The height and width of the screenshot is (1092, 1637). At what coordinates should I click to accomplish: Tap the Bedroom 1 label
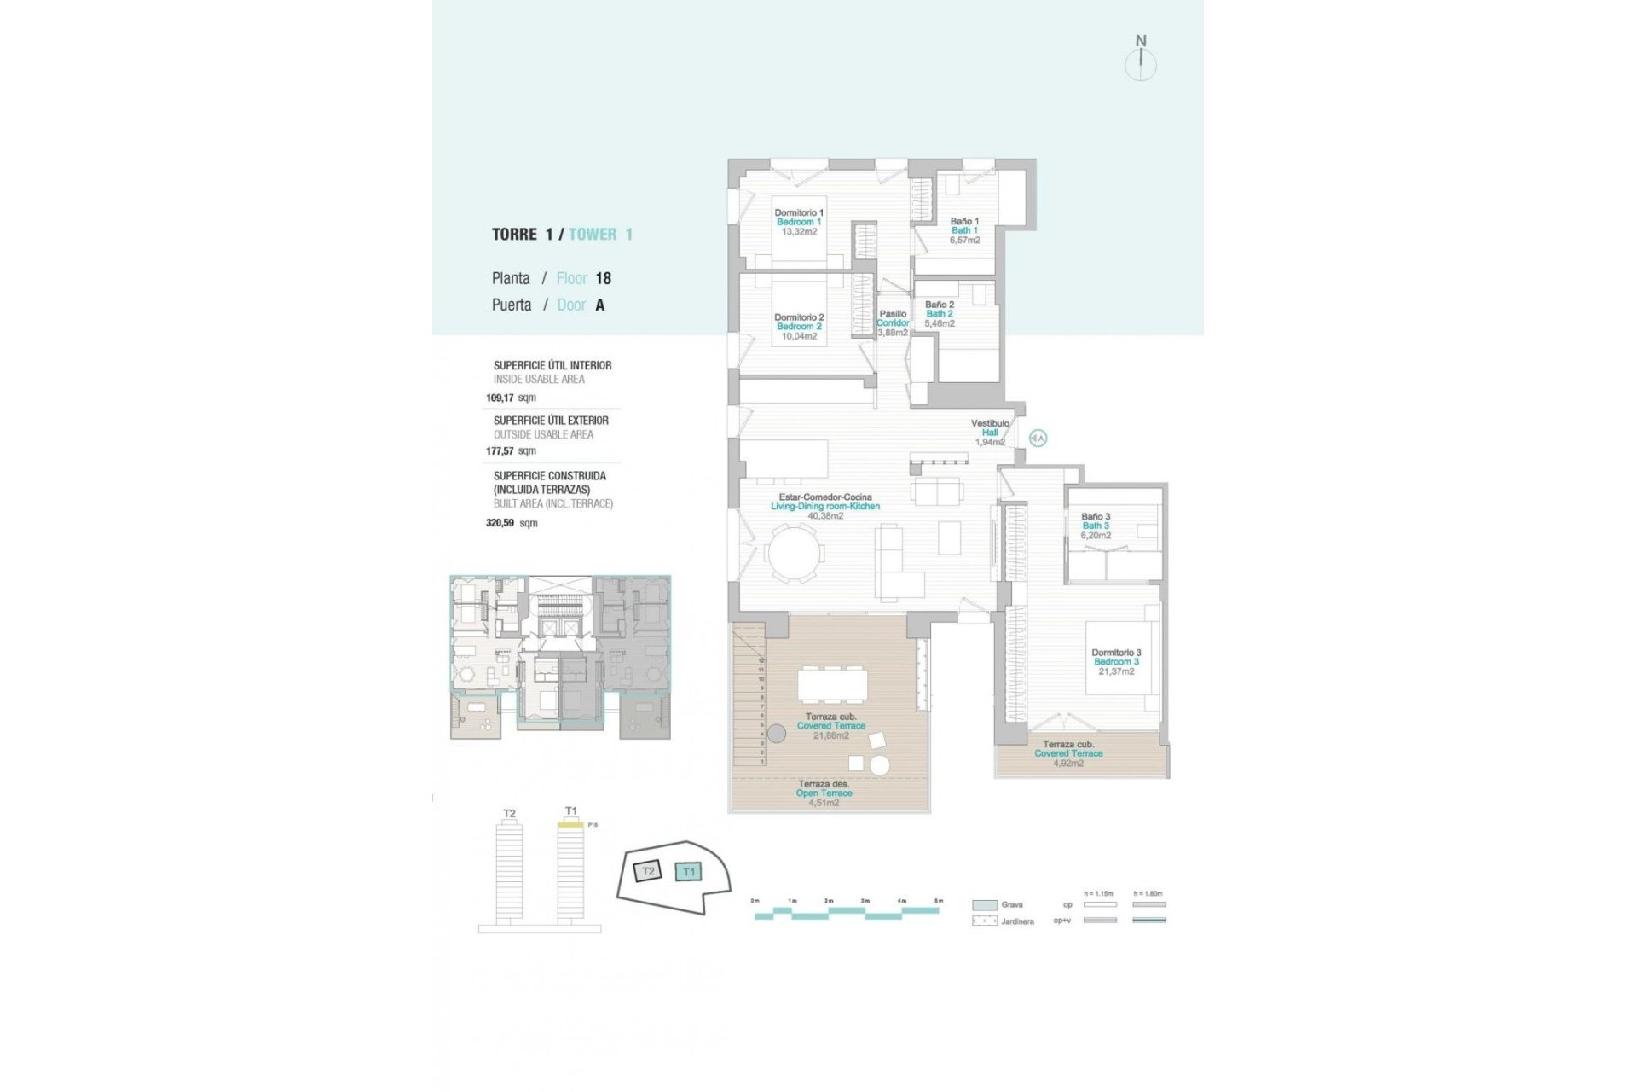coord(798,223)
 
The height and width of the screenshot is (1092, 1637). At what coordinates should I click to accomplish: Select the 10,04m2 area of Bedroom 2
coord(799,337)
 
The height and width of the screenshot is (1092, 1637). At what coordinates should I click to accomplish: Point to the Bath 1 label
coord(964,231)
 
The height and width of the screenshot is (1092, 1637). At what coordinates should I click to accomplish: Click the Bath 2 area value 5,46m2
coord(940,324)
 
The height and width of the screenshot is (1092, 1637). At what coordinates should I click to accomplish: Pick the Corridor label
coord(893,323)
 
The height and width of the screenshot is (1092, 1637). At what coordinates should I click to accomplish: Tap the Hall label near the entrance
coord(990,433)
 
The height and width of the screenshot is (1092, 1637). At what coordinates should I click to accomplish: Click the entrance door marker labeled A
coord(1038,439)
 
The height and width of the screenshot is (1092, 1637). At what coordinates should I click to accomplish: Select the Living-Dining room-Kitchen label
coord(824,507)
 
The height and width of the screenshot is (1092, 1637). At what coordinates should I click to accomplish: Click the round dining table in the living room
coord(794,554)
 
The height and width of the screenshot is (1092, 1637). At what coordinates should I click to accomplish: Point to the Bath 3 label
coord(1096,526)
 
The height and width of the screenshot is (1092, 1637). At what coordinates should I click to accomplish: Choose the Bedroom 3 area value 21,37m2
coord(1116,672)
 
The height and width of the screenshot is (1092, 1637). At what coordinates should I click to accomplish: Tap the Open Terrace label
coord(824,793)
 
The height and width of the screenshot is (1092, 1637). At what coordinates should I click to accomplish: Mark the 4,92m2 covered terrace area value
coord(1068,764)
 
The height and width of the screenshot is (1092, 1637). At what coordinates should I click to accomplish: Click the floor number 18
coord(603,278)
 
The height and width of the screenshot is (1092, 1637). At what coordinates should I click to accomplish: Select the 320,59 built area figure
coord(500,523)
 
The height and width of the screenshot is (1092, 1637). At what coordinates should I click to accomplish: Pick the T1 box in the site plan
coord(688,872)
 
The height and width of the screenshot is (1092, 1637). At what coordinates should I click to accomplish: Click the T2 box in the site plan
coord(648,871)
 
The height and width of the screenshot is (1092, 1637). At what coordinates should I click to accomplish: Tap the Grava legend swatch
coord(985,905)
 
